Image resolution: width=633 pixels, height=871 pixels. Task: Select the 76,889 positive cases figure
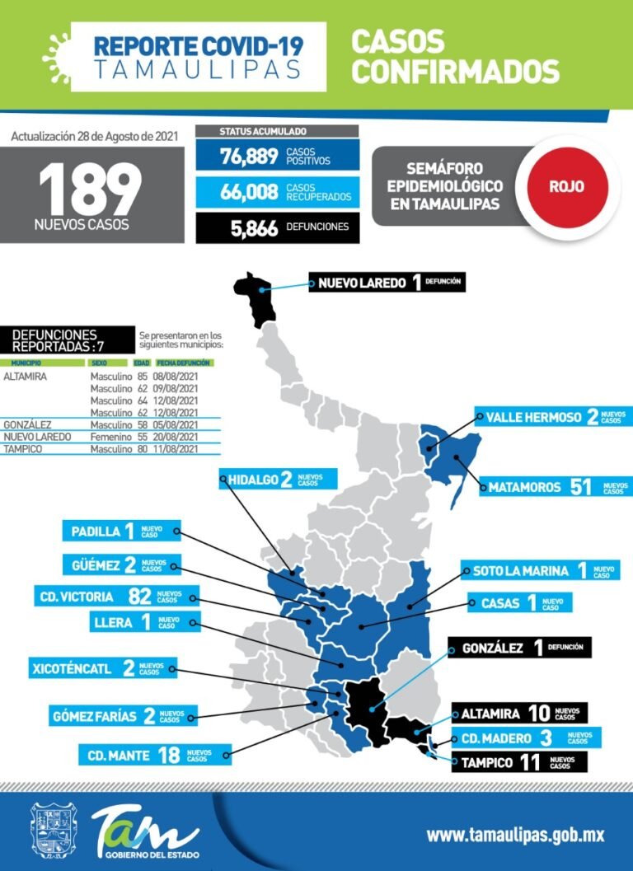[249, 157]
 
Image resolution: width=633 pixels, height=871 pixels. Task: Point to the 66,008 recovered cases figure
[249, 193]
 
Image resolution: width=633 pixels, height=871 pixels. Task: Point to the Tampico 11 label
[519, 762]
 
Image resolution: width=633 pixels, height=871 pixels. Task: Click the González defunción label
[519, 648]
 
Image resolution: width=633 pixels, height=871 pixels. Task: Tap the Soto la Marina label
[539, 570]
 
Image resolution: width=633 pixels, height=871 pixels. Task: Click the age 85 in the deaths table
[141, 377]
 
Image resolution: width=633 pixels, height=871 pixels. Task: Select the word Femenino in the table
[110, 437]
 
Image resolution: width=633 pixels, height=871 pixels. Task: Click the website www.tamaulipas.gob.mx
[515, 835]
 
